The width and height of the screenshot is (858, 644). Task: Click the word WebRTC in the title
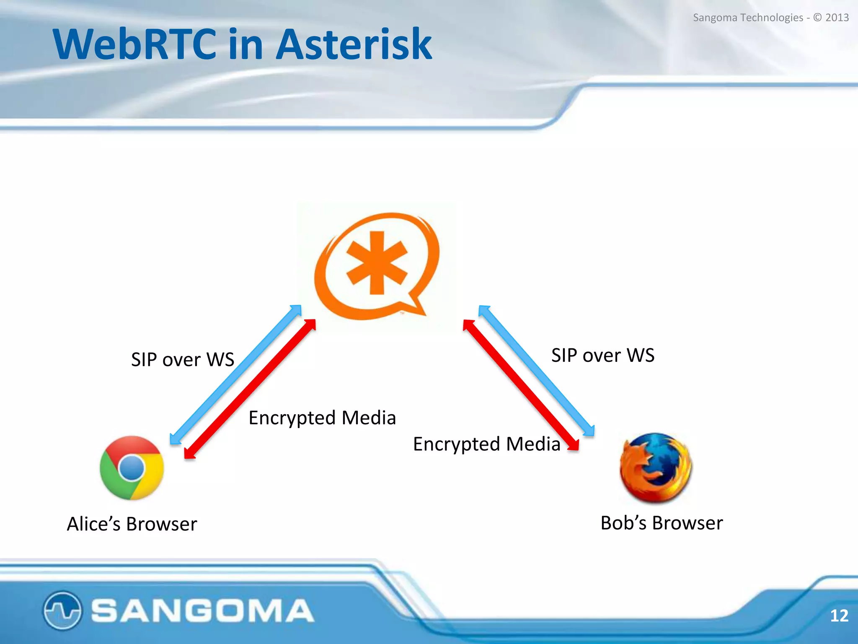(x=134, y=44)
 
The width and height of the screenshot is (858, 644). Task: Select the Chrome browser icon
(x=132, y=468)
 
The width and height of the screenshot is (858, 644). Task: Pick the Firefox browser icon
(x=655, y=467)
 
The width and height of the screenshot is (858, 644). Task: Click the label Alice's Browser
(x=132, y=524)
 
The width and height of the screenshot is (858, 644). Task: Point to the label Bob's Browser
(x=662, y=523)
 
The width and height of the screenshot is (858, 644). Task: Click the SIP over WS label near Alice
(x=182, y=360)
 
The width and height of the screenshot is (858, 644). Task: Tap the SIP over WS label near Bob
(x=602, y=356)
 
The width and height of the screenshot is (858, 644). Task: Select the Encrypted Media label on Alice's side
(x=322, y=418)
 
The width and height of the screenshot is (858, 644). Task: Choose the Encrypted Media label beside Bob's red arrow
(x=486, y=444)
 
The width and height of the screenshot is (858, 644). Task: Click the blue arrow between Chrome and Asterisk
(x=235, y=374)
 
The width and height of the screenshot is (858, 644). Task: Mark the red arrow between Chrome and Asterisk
(x=250, y=389)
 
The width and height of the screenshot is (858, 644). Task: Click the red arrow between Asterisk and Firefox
(x=521, y=385)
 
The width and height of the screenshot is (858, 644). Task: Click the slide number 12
(x=839, y=615)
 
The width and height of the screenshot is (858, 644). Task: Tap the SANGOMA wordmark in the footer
(x=202, y=610)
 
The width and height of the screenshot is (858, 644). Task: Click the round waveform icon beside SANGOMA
(x=62, y=610)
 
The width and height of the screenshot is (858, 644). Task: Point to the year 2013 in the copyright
(x=837, y=18)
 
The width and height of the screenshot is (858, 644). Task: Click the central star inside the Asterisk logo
(x=377, y=263)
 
